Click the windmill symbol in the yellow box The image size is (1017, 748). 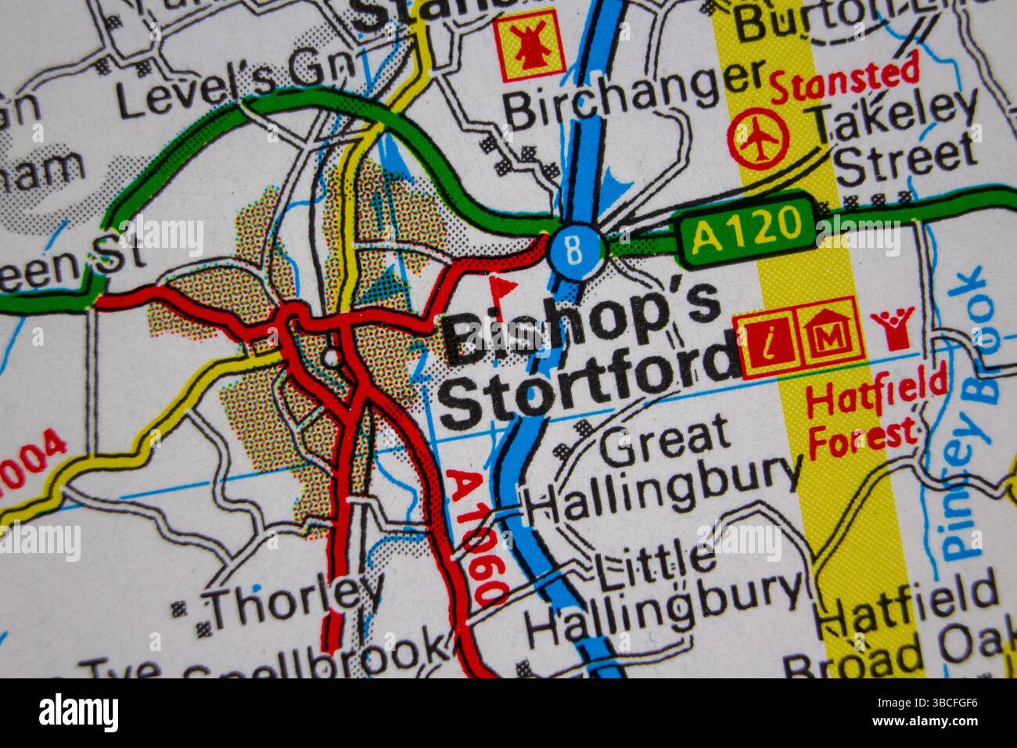point(529,45)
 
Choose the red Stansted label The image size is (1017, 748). point(845,81)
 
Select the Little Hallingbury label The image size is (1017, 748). point(665,591)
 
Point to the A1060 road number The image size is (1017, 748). point(478,537)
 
